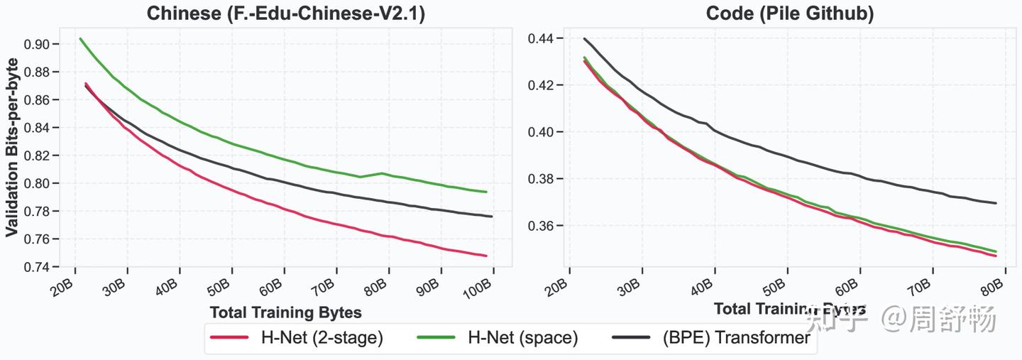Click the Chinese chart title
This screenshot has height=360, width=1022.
tap(285, 13)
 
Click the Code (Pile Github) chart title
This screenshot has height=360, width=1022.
tap(789, 13)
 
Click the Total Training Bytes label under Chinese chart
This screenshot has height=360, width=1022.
tap(285, 312)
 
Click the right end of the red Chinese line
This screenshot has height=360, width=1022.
tap(486, 256)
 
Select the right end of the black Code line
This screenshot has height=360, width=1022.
tap(996, 203)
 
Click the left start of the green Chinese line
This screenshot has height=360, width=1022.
tap(80, 39)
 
